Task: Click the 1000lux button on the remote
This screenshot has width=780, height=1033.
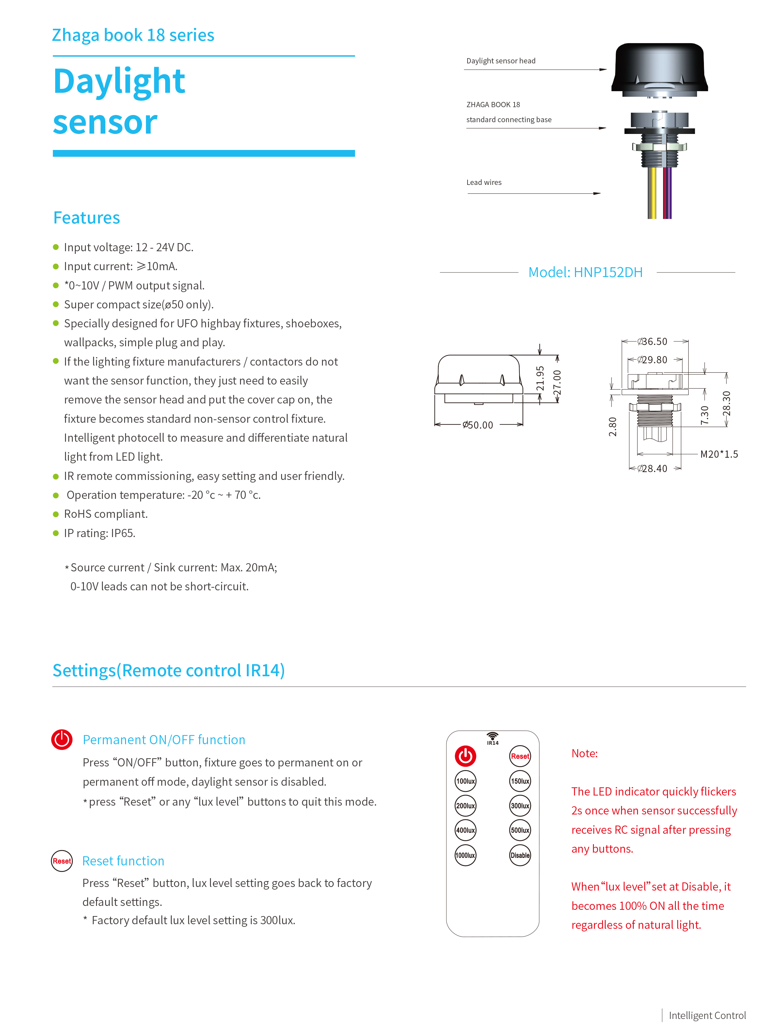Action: click(465, 855)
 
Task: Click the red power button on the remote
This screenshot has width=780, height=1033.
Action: click(465, 756)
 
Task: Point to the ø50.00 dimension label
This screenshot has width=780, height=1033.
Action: click(478, 425)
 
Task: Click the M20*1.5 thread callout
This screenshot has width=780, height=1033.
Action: click(719, 454)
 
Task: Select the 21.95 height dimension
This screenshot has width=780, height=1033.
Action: click(540, 378)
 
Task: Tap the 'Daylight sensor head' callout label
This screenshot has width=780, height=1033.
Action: click(501, 61)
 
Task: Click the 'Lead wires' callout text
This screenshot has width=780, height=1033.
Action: click(484, 182)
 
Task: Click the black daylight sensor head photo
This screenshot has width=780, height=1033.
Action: click(659, 70)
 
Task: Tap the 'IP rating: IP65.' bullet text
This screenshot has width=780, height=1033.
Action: click(100, 533)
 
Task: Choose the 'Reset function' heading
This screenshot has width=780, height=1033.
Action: click(123, 861)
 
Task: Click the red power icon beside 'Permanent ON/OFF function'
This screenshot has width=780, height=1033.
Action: click(62, 739)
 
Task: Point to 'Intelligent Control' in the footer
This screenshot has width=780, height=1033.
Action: click(707, 1015)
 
